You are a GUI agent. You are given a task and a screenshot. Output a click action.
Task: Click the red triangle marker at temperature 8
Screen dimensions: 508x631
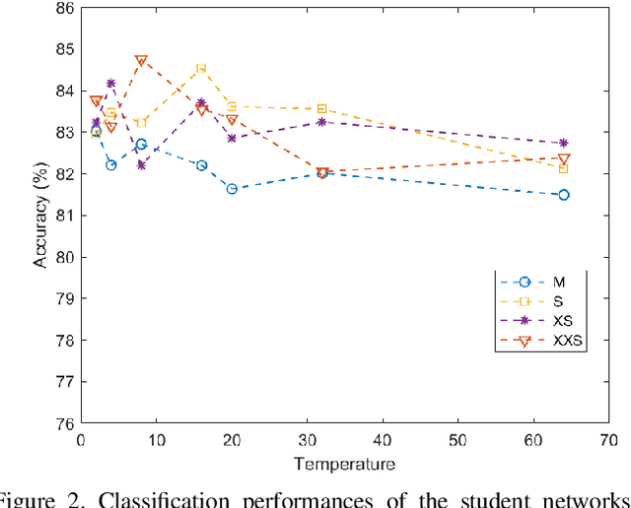tap(141, 61)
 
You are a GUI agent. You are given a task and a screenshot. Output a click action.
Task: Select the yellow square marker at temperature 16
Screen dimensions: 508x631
tap(201, 68)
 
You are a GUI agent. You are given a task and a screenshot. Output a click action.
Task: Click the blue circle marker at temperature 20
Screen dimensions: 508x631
tap(232, 188)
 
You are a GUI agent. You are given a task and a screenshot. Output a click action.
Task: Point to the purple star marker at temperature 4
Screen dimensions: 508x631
tap(110, 84)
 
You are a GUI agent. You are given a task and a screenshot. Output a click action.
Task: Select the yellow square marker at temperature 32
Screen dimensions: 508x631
tap(321, 108)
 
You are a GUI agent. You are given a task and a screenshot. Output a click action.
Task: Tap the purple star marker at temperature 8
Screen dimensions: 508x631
tap(141, 165)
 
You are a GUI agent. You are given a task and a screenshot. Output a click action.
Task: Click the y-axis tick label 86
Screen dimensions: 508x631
tap(63, 8)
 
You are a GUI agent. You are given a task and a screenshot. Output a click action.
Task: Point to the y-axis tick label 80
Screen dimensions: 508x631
tap(63, 257)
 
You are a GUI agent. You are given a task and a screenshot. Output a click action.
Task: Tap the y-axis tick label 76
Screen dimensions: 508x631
tap(63, 423)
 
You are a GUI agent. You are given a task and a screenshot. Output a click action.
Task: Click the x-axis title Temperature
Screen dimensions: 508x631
tap(344, 464)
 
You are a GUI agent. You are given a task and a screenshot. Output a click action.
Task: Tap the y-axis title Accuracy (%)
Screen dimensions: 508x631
tap(40, 216)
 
